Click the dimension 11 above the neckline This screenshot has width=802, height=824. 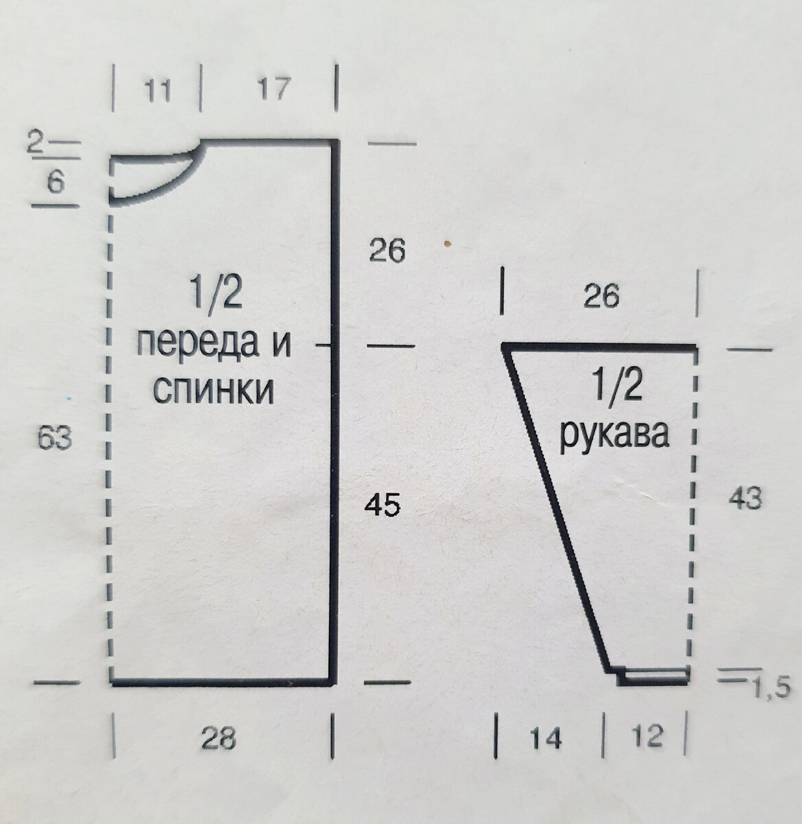point(158,90)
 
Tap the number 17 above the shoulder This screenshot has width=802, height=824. point(273,89)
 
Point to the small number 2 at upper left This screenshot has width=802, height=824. point(35,143)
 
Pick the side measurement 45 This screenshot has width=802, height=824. point(382,506)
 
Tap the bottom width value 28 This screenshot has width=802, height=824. point(218,740)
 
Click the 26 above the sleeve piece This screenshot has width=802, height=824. point(601,296)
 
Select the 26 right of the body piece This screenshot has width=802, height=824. point(387,251)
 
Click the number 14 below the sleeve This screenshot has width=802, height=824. point(546,739)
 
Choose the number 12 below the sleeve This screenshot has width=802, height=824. point(646,737)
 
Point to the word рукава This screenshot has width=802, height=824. point(614,434)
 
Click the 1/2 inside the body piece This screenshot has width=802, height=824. point(214,296)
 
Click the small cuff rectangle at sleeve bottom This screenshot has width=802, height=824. point(653,676)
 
